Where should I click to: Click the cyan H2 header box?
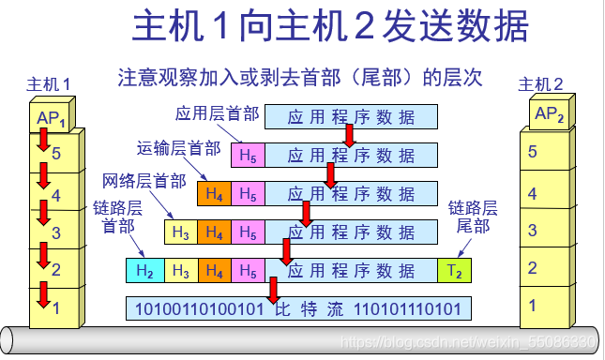point(144,272)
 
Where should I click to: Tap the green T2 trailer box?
point(453,272)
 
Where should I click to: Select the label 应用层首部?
point(218,113)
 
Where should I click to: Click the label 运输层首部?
point(179,148)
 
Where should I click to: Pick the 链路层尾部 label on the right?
point(472,217)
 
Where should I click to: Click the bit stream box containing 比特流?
point(298,308)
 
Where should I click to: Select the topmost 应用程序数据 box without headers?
point(352,117)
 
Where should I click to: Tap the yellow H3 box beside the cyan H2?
point(181,272)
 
